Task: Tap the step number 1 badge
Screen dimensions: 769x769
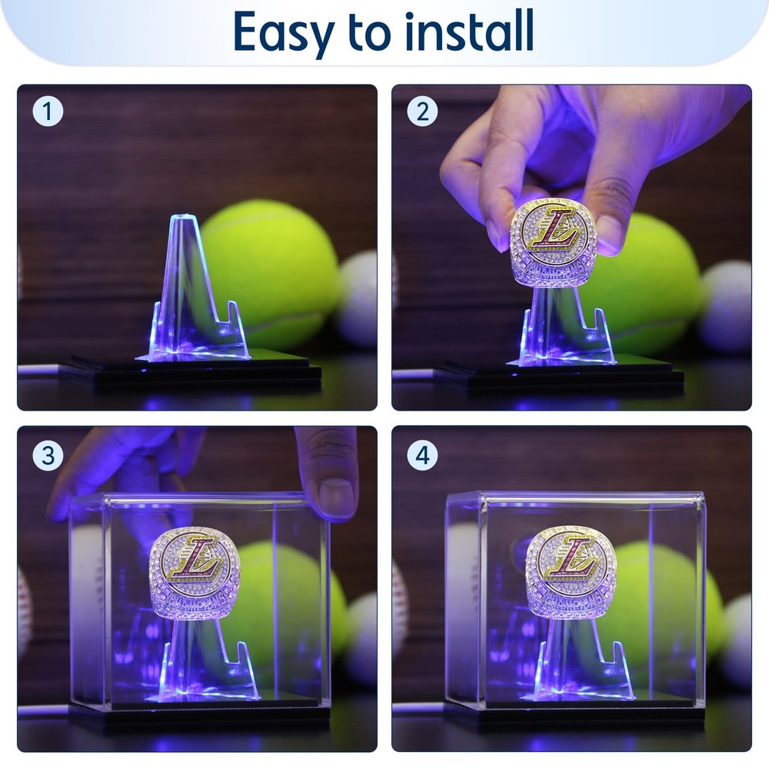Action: point(48,112)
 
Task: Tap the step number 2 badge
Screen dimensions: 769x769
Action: point(422,112)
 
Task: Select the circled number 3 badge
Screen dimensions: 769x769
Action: point(48,455)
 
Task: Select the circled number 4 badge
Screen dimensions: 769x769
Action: point(422,455)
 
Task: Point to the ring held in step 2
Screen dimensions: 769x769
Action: point(553,242)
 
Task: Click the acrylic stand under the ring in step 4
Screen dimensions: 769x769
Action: point(577,661)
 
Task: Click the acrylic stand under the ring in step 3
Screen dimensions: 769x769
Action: point(201,661)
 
